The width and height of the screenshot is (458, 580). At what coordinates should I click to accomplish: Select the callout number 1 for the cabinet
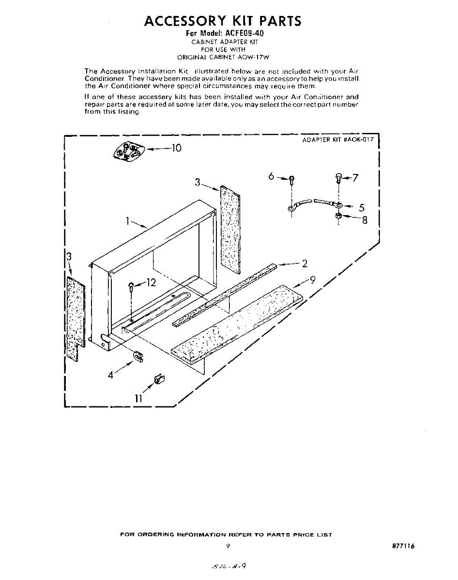pos(127,221)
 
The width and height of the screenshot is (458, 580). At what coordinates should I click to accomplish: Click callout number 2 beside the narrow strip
pos(305,263)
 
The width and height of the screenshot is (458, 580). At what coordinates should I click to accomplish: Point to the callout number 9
pos(313,279)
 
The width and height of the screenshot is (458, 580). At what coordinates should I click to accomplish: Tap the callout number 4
pos(111,375)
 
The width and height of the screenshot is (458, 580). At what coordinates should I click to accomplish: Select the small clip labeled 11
pos(156,379)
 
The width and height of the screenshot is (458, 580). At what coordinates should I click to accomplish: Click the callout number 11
pos(138,398)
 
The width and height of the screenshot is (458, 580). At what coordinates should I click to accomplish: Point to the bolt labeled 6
pos(291,181)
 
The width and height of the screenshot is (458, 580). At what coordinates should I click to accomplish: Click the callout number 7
pos(355,178)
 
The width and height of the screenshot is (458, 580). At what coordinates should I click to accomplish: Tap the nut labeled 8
pos(338,216)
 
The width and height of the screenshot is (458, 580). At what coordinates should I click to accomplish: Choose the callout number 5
pos(361,208)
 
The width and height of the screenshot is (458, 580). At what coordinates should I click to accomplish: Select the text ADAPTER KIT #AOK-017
pos(338,140)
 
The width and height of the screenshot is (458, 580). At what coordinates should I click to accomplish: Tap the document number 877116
pos(403,546)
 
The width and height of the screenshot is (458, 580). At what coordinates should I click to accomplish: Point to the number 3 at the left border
pos(69,257)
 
